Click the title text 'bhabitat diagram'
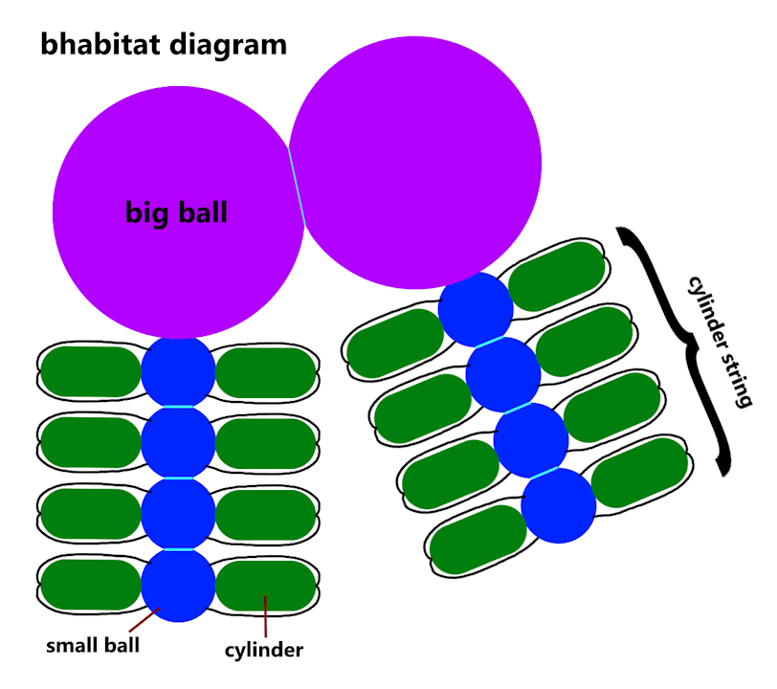[164, 44]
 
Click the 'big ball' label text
[177, 211]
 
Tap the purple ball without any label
[415, 162]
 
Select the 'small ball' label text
[93, 644]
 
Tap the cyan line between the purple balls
[297, 188]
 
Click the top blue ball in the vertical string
[178, 371]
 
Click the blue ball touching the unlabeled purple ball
[476, 309]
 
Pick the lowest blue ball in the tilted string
[559, 505]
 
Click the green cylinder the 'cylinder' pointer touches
[267, 586]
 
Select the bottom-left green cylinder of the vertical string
[91, 585]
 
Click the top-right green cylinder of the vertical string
[266, 372]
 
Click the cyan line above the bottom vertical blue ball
[178, 549]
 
